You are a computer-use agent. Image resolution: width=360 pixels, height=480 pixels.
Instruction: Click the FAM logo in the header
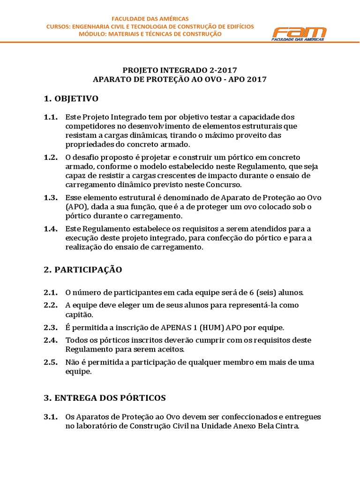300,34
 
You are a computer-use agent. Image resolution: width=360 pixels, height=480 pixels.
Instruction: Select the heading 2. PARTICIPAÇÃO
82,270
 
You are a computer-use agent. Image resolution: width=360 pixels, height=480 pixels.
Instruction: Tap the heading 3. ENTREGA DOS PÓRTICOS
105,398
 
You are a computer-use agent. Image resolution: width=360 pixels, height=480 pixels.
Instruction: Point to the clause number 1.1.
51,117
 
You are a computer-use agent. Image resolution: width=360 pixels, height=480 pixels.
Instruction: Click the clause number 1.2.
51,157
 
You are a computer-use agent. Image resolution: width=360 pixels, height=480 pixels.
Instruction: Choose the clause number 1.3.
51,197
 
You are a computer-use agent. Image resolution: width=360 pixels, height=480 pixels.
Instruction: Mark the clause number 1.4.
51,229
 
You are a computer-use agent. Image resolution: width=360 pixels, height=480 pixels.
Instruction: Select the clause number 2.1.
51,292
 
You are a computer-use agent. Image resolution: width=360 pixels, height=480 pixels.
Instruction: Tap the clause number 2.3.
51,327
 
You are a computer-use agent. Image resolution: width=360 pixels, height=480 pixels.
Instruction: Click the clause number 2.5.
51,362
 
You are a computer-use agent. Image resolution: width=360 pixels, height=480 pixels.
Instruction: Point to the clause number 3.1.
51,417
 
